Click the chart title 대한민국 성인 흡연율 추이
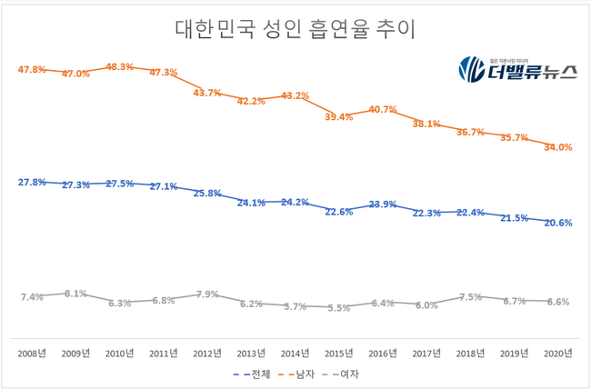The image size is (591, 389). coord(295,29)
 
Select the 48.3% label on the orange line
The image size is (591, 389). coord(120,67)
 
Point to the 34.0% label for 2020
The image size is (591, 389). coord(557,147)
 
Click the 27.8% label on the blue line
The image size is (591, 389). coord(32,182)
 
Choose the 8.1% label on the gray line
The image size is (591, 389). coord(75,294)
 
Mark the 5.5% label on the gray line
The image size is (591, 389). coord(339,308)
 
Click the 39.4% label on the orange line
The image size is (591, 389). coord(339,116)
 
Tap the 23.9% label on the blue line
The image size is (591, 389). coord(383,204)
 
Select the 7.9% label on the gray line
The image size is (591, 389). coord(207,294)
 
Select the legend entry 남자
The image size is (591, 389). coord(299,373)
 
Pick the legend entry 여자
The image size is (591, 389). coord(352,373)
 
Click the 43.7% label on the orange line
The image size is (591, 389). coord(207,93)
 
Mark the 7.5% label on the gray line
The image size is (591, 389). coord(470,297)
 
